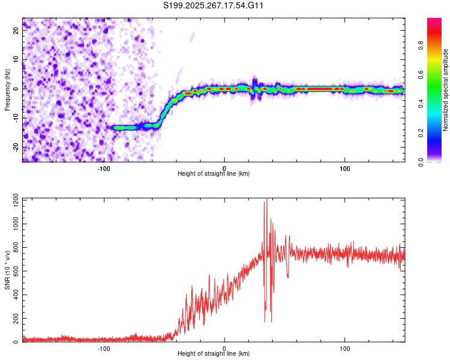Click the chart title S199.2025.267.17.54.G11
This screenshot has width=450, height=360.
tap(214, 6)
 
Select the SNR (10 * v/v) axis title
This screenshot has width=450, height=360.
tap(7, 269)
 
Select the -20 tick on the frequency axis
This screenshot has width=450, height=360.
tap(16, 147)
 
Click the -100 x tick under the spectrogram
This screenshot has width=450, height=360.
tap(104, 167)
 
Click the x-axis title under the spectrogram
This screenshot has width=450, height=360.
tap(214, 174)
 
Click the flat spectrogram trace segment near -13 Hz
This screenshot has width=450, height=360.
tap(132, 127)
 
